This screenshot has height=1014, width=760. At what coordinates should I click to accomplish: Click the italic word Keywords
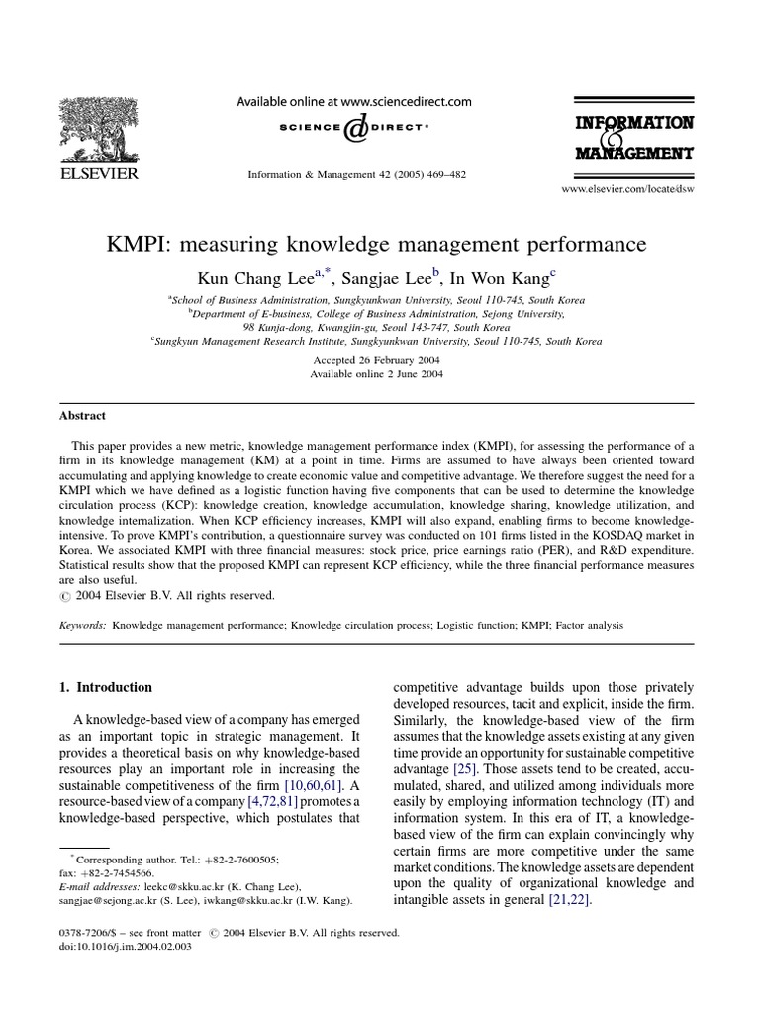[82, 626]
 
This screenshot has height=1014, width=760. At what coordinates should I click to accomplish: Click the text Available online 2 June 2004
[376, 374]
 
